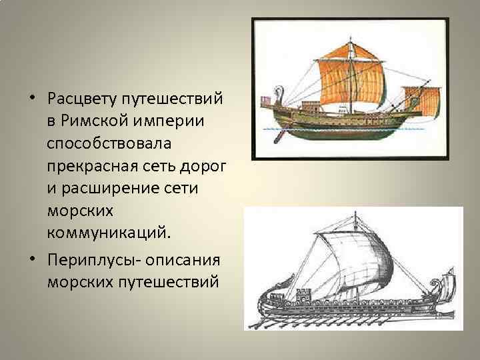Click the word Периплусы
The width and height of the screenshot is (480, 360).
[85, 259]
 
